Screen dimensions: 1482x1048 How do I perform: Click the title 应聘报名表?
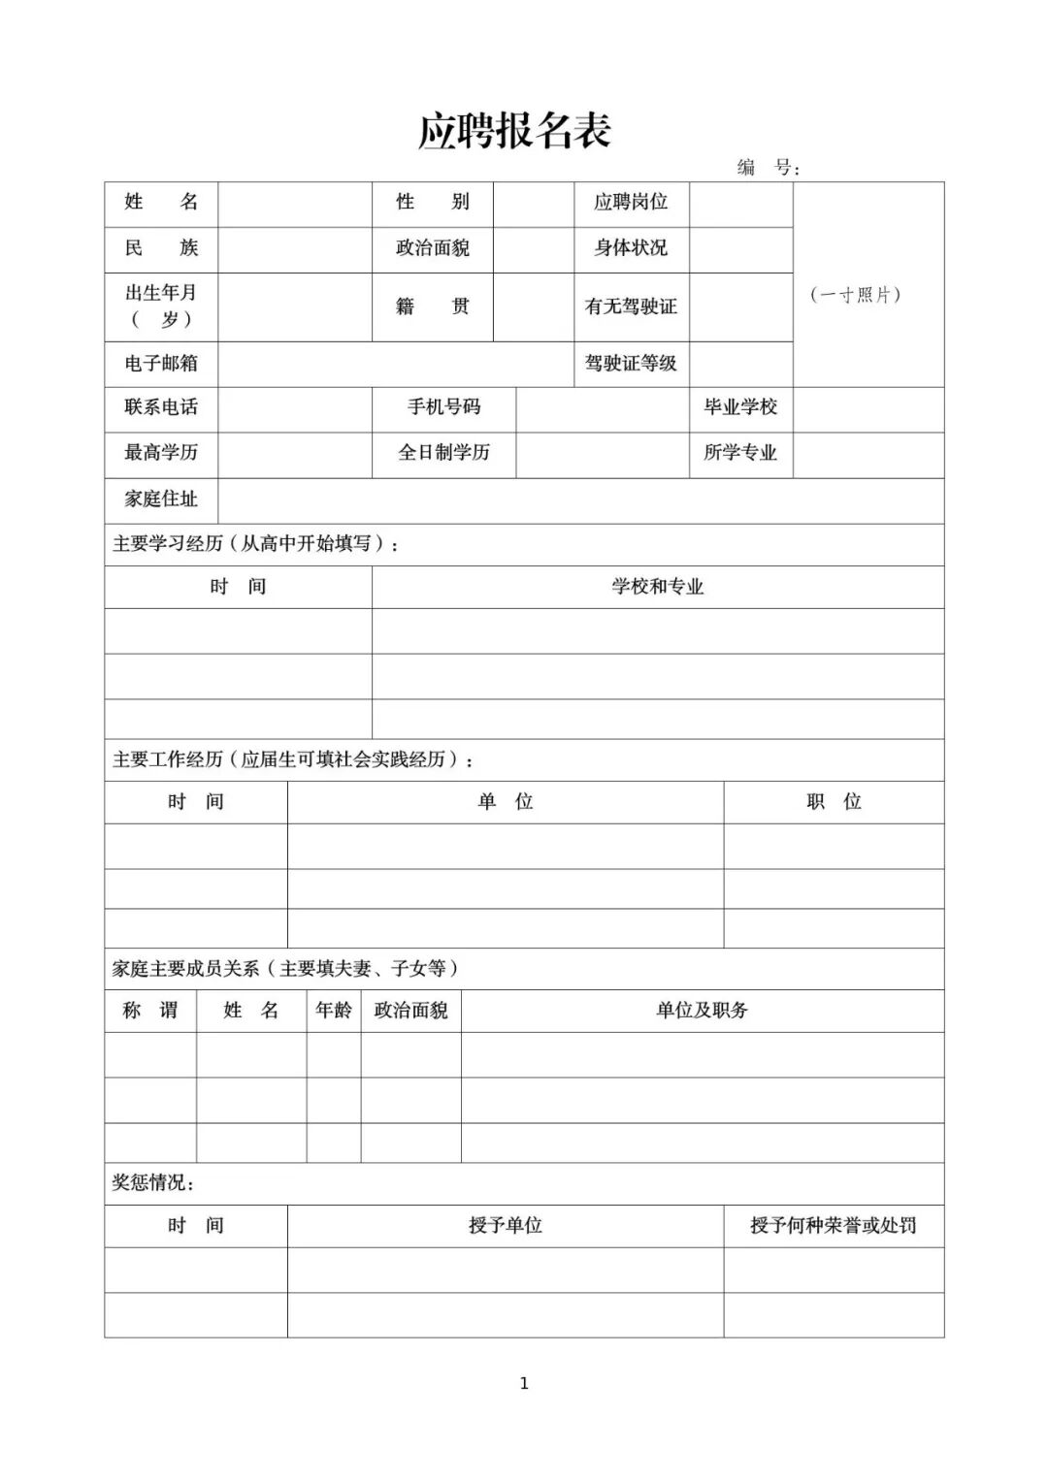pyautogui.click(x=514, y=132)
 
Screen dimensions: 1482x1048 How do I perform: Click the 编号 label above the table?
pyautogui.click(x=768, y=168)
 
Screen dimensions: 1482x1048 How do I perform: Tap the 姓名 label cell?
pyautogui.click(x=161, y=203)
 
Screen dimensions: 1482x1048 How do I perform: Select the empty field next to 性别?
pyautogui.click(x=533, y=204)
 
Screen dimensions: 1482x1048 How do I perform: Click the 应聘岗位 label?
pyautogui.click(x=631, y=203)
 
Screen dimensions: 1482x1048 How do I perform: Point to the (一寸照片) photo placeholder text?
pyautogui.click(x=856, y=295)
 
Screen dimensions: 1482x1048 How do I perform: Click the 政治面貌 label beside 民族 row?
pyautogui.click(x=433, y=248)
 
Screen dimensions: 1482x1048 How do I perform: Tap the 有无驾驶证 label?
pyautogui.click(x=631, y=306)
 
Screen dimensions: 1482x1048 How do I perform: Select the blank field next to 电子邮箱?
pyautogui.click(x=395, y=364)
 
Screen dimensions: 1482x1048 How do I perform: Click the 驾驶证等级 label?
pyautogui.click(x=631, y=364)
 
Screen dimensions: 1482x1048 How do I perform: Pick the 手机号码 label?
pyautogui.click(x=443, y=407)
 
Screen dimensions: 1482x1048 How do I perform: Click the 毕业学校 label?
pyautogui.click(x=740, y=407)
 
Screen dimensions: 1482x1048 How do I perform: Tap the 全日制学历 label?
pyautogui.click(x=443, y=453)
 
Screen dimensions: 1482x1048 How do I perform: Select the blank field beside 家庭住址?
pyautogui.click(x=580, y=499)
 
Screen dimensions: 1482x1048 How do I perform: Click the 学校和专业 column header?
pyautogui.click(x=657, y=587)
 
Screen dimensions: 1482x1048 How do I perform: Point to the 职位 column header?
pyautogui.click(x=834, y=802)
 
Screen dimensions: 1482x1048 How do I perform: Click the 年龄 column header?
pyautogui.click(x=334, y=1011)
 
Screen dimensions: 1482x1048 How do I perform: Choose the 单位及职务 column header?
pyautogui.click(x=702, y=1011)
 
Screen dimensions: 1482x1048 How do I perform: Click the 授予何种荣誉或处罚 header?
pyautogui.click(x=833, y=1226)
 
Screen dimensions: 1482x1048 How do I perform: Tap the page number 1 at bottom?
pyautogui.click(x=524, y=1384)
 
